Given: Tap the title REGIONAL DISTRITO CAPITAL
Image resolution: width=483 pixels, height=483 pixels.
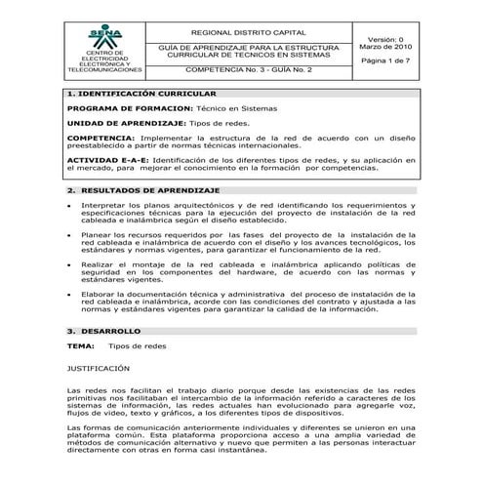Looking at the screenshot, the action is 241,33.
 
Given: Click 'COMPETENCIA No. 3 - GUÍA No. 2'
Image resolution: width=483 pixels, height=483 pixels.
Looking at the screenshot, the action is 241,70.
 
